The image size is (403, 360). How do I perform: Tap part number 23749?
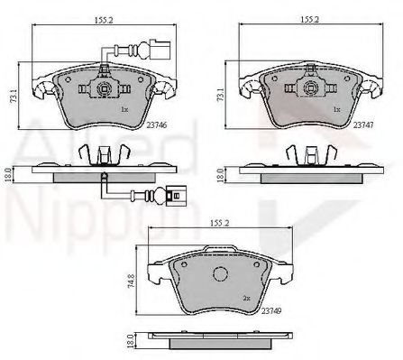(x=271, y=309)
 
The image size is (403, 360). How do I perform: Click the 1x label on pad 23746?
(x=126, y=110)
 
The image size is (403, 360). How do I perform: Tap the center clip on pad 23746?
(x=104, y=89)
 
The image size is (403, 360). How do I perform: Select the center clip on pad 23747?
(x=313, y=89)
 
